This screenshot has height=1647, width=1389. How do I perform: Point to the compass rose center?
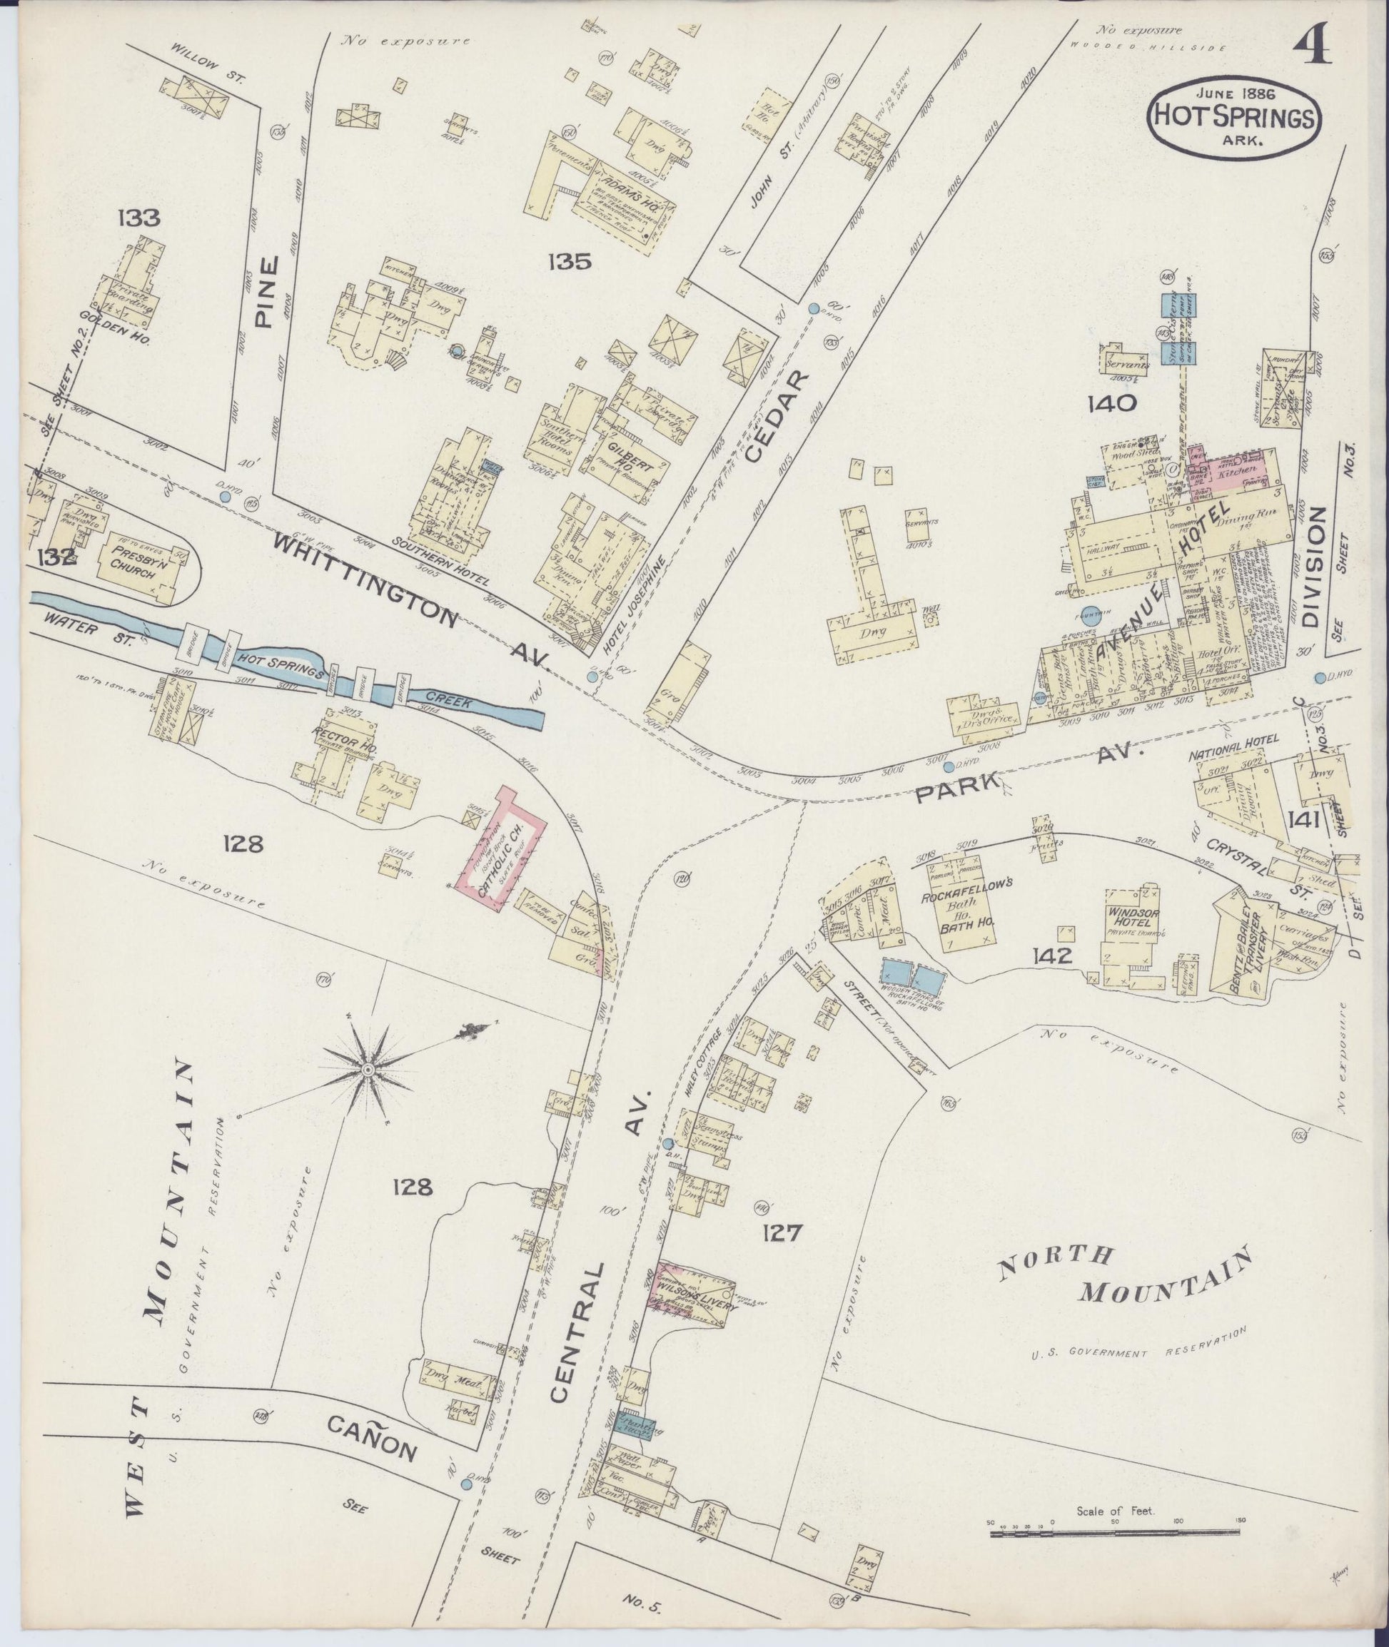(367, 1069)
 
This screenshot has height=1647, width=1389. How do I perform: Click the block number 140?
(1112, 404)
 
